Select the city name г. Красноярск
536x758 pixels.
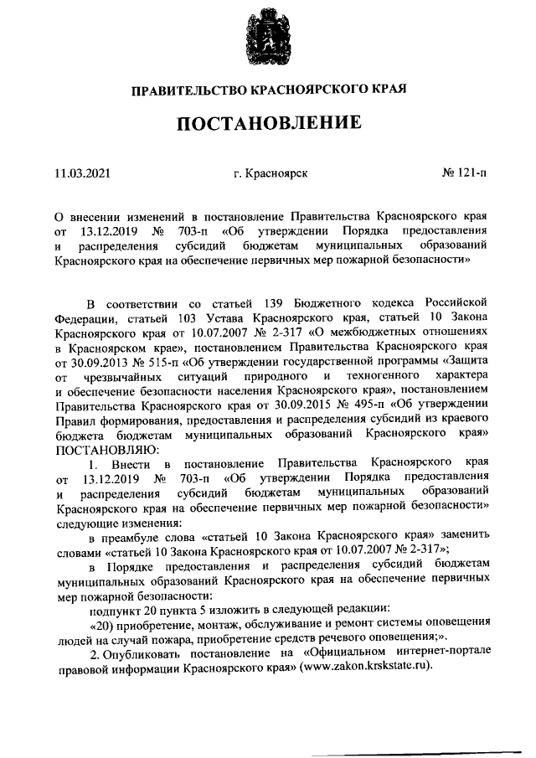click(271, 173)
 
